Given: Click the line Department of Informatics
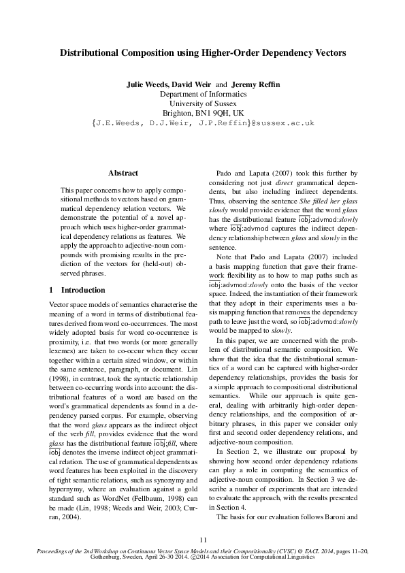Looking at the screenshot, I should coord(202,94).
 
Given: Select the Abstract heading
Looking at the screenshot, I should coord(123,174).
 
